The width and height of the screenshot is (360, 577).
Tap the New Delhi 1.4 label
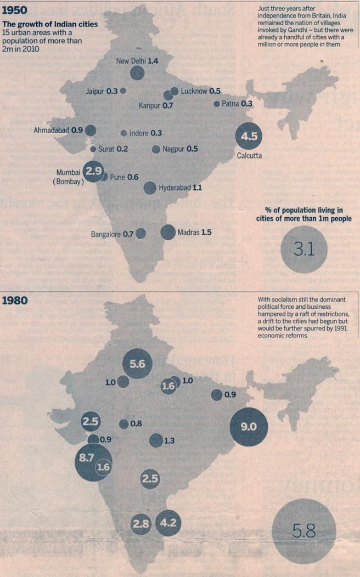(x=137, y=61)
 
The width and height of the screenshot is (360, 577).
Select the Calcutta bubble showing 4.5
(x=249, y=137)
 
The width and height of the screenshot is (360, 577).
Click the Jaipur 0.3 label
(x=102, y=90)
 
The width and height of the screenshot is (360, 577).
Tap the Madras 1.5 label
(x=194, y=233)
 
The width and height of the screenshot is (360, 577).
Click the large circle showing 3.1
(x=303, y=250)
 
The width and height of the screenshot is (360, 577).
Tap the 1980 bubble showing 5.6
(x=137, y=363)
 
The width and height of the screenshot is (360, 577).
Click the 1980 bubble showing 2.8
(x=141, y=524)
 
